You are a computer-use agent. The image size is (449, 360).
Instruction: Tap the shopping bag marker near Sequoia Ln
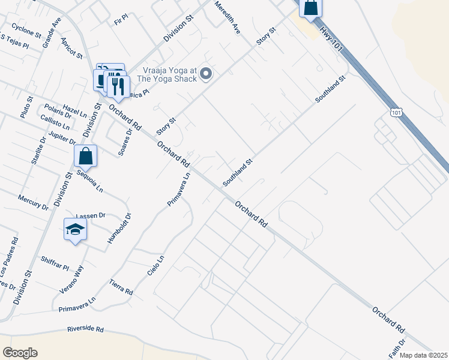(x=86, y=156)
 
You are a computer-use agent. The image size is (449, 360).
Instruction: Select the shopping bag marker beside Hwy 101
(x=311, y=7)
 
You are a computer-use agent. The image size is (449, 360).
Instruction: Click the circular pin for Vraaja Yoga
(x=206, y=74)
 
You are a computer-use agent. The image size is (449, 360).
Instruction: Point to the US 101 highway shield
(x=395, y=112)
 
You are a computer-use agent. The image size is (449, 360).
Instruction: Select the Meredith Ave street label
(x=228, y=17)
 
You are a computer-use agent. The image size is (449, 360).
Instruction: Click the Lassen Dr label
(x=91, y=215)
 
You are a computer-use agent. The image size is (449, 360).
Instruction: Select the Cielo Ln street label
(x=155, y=266)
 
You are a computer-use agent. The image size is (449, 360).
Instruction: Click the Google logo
(x=20, y=353)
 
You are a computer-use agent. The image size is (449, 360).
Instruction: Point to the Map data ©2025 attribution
(x=424, y=355)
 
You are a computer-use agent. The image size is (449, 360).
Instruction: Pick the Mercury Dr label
(x=33, y=202)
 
